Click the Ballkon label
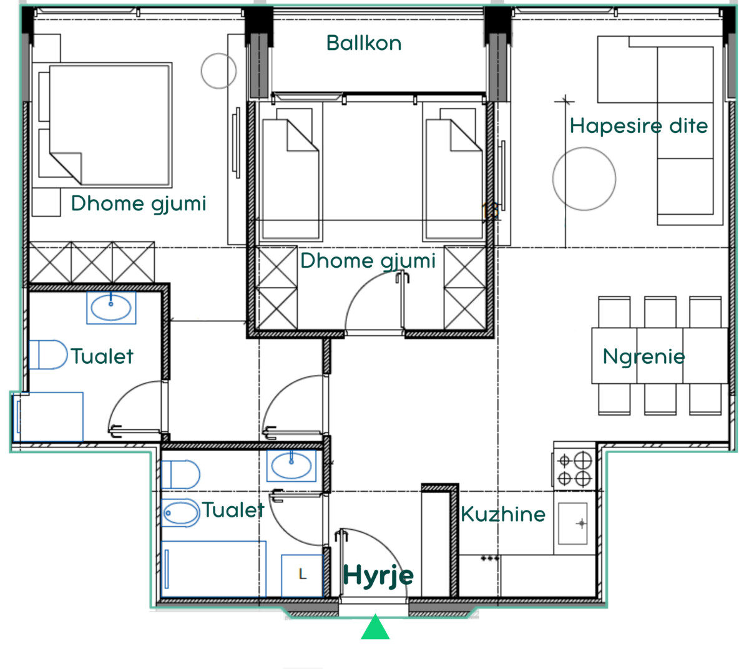click(x=363, y=43)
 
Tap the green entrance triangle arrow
click(x=375, y=627)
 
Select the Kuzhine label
click(x=503, y=514)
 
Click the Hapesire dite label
click(x=639, y=125)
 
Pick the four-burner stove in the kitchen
click(x=574, y=466)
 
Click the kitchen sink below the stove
click(x=572, y=524)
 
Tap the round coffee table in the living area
click(x=584, y=179)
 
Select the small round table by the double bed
click(x=219, y=71)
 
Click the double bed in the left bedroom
click(x=110, y=125)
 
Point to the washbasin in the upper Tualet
click(x=111, y=308)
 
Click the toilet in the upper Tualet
click(x=48, y=354)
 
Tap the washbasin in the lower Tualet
click(x=291, y=466)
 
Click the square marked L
click(x=303, y=575)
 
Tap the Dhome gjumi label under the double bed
click(x=139, y=203)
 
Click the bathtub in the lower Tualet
click(x=213, y=569)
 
